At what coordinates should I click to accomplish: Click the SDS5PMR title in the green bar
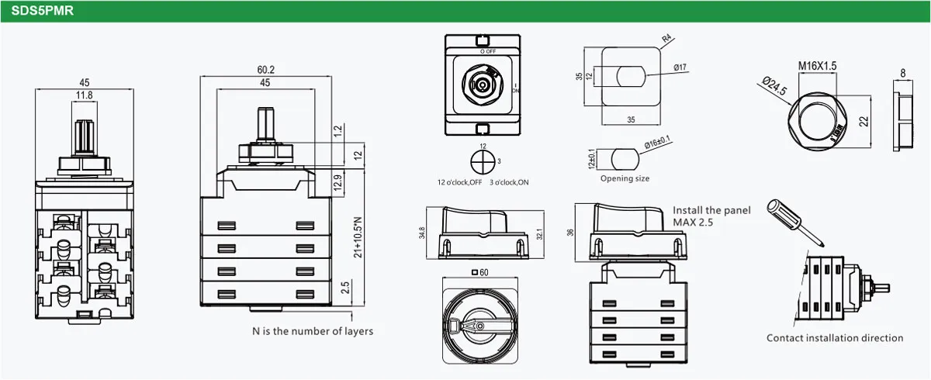tap(43, 11)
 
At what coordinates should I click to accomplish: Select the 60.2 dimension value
tap(265, 70)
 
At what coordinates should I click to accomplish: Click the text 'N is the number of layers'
tap(312, 331)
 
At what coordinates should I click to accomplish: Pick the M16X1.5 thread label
tap(817, 66)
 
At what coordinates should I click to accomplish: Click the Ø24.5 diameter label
tap(774, 85)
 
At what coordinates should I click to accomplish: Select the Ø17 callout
tap(680, 67)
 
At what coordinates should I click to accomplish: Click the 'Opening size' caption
tap(625, 178)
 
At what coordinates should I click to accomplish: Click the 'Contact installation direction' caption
tap(835, 338)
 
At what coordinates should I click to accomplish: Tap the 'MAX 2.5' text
tap(692, 223)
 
